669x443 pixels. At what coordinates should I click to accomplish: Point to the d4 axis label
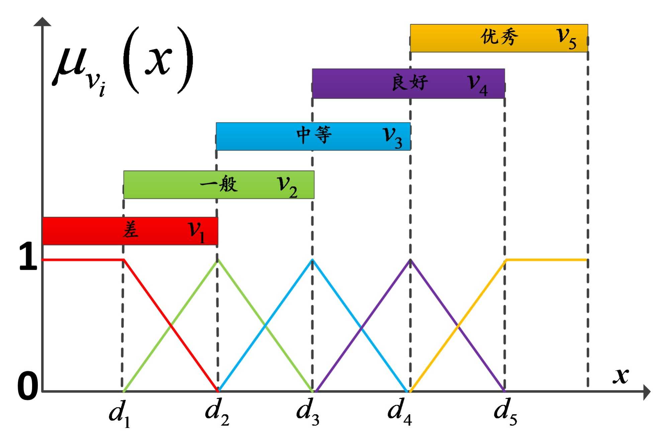point(399,412)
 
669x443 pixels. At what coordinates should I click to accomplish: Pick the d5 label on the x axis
point(505,412)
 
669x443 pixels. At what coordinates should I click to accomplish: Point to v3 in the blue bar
point(392,137)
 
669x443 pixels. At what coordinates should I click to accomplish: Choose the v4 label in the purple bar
point(477,84)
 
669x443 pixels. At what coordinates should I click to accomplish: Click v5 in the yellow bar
point(566,38)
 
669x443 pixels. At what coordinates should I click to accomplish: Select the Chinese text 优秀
point(499,37)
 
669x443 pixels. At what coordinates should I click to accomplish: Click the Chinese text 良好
point(410,82)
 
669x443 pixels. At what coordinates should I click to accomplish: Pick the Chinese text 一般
point(219,184)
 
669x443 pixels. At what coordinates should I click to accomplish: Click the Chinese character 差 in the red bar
point(130,230)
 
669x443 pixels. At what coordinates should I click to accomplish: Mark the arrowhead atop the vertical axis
point(42,22)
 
